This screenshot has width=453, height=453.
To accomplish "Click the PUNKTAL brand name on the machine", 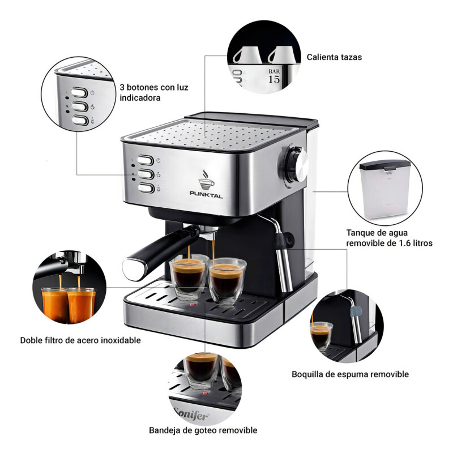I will (x=206, y=194).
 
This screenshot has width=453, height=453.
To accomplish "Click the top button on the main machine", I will (x=147, y=161).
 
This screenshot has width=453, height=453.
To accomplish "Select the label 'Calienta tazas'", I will (x=334, y=57).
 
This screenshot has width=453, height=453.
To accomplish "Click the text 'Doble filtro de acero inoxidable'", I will (x=80, y=340).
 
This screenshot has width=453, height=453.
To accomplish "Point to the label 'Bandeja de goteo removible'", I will (x=203, y=430).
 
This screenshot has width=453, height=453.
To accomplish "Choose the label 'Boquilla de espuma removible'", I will (x=350, y=374).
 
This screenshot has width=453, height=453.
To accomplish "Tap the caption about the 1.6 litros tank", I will (x=390, y=238).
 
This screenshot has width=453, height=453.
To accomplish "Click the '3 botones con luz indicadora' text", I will (x=154, y=93).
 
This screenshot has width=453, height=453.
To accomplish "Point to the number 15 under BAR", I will (x=273, y=79).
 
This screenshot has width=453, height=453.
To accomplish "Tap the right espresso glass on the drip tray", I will (x=225, y=280).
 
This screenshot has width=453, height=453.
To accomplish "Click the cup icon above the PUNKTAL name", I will (x=206, y=178).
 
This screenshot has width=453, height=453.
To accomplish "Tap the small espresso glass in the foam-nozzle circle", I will (x=321, y=335).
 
